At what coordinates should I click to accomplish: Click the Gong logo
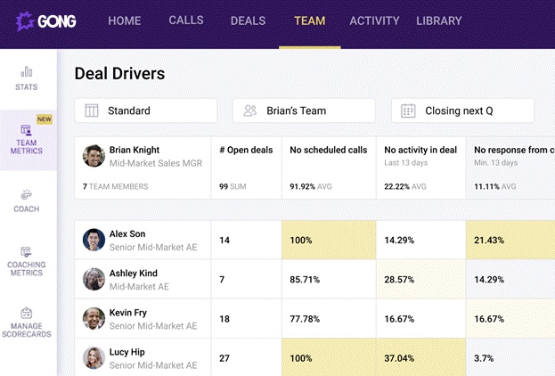pyautogui.click(x=49, y=20)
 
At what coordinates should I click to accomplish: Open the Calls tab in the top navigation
pyautogui.click(x=185, y=20)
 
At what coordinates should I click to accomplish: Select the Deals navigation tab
pyautogui.click(x=248, y=20)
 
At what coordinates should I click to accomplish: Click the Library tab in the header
pyautogui.click(x=439, y=20)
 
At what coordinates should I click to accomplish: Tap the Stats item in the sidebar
pyautogui.click(x=27, y=78)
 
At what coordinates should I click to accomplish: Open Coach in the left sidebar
pyautogui.click(x=27, y=200)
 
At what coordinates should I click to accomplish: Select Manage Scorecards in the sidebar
pyautogui.click(x=27, y=322)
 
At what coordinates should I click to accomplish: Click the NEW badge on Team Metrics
pyautogui.click(x=44, y=119)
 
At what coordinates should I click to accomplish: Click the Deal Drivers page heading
pyautogui.click(x=119, y=74)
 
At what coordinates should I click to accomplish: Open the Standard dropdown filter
pyautogui.click(x=146, y=110)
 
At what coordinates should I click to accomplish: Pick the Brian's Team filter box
pyautogui.click(x=304, y=110)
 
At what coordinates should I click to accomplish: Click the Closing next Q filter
pyautogui.click(x=462, y=110)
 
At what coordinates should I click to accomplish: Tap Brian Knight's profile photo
pyautogui.click(x=94, y=156)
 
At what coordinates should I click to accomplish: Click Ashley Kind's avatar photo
pyautogui.click(x=94, y=279)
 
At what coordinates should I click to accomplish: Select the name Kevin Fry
pyautogui.click(x=128, y=313)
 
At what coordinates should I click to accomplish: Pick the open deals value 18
pyautogui.click(x=224, y=319)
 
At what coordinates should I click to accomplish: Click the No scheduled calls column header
pyautogui.click(x=328, y=151)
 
